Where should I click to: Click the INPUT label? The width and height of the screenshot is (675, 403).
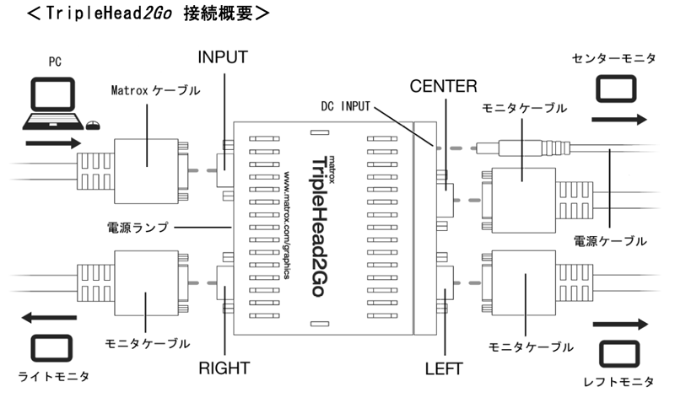[x=222, y=58]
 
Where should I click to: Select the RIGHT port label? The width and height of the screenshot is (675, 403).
[x=224, y=368]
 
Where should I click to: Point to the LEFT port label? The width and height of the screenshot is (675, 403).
[x=443, y=368]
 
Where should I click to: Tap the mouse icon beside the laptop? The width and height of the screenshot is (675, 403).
[x=92, y=126]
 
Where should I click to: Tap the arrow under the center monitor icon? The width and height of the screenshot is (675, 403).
[x=619, y=120]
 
